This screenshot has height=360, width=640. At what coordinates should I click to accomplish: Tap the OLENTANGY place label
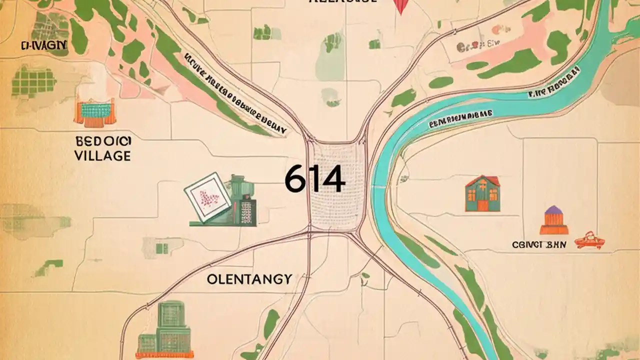pos(249,279)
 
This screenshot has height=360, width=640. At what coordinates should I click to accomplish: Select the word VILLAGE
pos(102,155)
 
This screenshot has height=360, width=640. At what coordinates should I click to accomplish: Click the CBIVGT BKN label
pos(538,245)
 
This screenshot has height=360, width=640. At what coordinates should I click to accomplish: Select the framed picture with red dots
pos(207,196)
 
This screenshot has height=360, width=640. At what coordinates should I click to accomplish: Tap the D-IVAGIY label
pos(44,46)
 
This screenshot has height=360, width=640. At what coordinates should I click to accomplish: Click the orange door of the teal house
pos(483,204)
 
